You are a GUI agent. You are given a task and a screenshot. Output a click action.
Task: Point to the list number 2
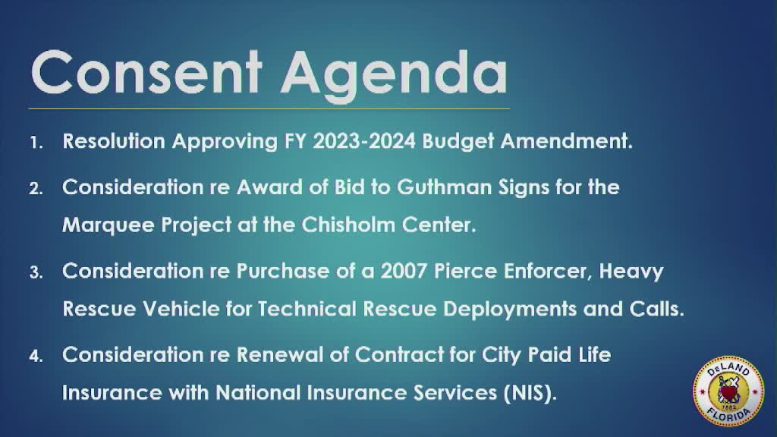(36, 188)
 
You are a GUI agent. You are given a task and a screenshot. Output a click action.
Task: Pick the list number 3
(36, 272)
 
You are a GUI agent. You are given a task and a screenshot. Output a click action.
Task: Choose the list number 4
(36, 356)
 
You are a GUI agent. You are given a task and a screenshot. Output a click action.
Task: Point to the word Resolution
(111, 142)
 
